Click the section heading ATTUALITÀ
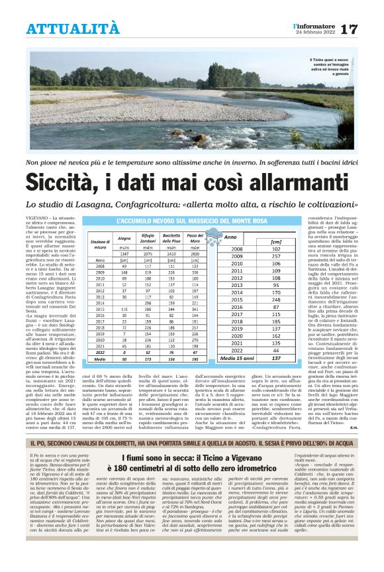tap(73, 29)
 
